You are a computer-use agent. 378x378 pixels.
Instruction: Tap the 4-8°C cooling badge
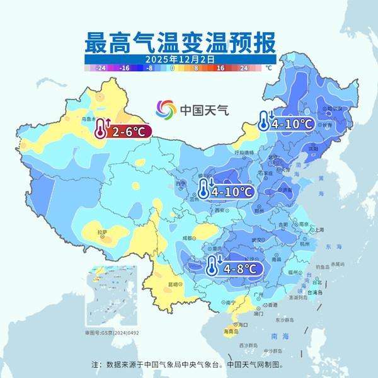point(234,268)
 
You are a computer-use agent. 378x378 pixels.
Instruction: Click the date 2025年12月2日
point(180,59)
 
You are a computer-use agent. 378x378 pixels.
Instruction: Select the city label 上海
point(319,230)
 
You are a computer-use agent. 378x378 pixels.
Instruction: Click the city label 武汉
point(255,239)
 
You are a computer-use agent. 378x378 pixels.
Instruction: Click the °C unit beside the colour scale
point(268,67)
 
